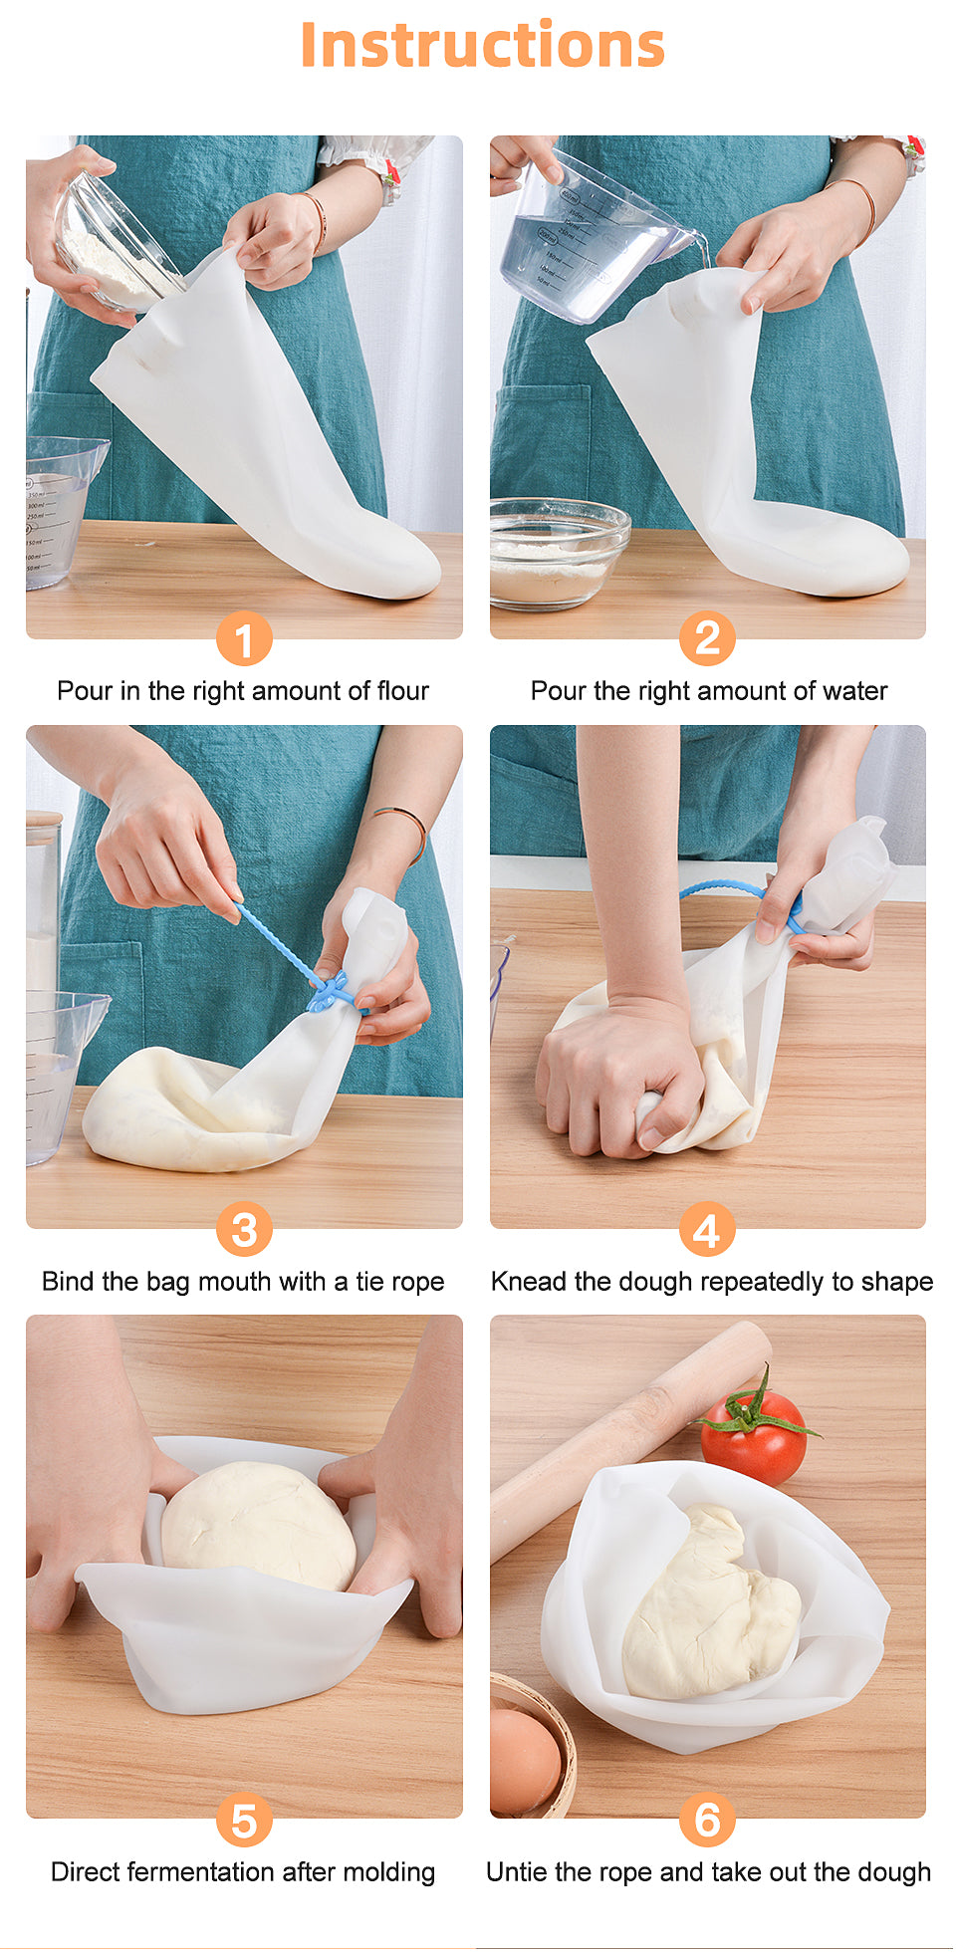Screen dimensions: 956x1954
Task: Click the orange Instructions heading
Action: pos(482,45)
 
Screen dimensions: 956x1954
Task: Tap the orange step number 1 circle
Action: pos(244,638)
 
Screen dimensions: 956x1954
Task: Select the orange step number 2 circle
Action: pos(707,638)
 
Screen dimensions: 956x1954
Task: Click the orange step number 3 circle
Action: pos(244,1229)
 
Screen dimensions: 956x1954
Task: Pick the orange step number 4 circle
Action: pos(707,1229)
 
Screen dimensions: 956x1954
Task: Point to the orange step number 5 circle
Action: pos(244,1820)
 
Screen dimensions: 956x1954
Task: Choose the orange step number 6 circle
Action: pos(707,1820)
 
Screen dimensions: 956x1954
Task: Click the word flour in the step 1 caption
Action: pos(402,691)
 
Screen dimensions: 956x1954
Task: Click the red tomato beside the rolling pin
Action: pos(754,1434)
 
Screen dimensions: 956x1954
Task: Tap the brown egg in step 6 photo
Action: pos(524,1760)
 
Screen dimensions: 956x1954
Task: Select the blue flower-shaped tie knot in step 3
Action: pos(330,991)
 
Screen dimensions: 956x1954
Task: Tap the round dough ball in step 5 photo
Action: pos(259,1525)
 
